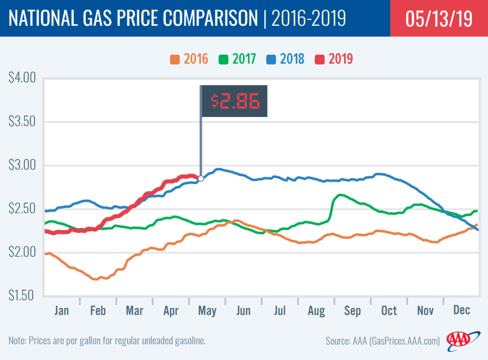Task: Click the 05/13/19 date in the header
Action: pos(438,19)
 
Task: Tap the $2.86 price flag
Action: pos(234,101)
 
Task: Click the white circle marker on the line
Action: pos(201,178)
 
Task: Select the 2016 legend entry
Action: pos(190,60)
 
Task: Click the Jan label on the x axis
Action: pos(61,311)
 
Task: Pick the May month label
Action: pos(207,311)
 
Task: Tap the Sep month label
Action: pos(352,311)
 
